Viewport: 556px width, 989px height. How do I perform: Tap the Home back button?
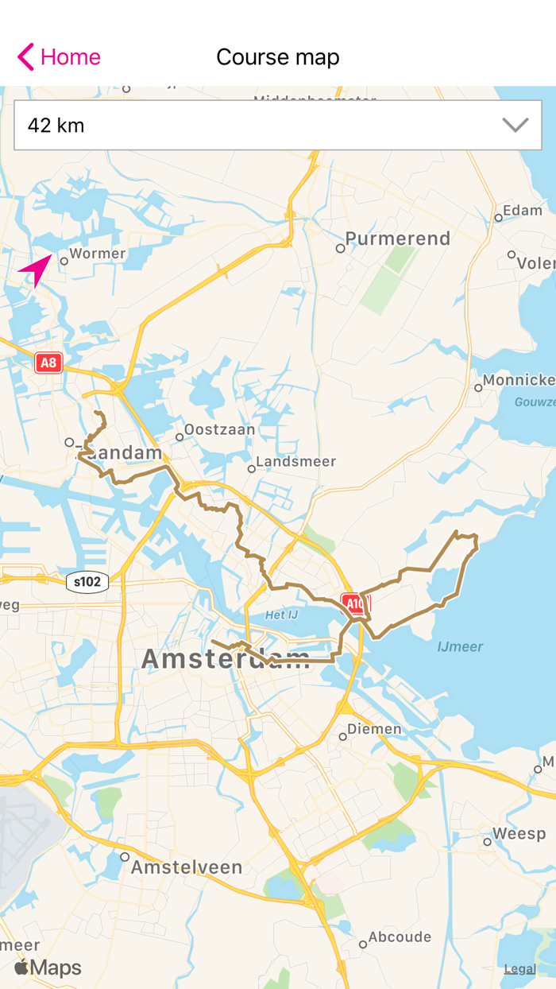click(x=59, y=57)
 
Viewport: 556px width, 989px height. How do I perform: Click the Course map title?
click(x=278, y=57)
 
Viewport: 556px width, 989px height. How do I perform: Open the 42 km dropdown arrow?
click(x=515, y=125)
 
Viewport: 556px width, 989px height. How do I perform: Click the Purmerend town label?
click(x=398, y=239)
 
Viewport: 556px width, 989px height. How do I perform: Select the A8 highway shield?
click(x=48, y=363)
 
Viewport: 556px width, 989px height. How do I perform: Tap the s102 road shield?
click(x=87, y=582)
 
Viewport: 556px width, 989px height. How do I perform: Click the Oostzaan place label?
click(x=220, y=430)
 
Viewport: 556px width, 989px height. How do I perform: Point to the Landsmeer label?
click(x=296, y=462)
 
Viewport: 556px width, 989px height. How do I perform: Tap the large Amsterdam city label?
click(x=226, y=659)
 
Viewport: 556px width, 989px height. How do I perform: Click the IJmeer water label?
click(x=460, y=647)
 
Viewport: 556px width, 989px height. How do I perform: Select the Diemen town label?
click(x=375, y=729)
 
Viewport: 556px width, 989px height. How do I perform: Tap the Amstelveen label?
click(x=187, y=867)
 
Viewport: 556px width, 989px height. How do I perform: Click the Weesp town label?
click(x=519, y=834)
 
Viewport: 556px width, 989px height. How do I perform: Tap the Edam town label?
click(x=523, y=211)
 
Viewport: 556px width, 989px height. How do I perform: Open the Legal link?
click(x=520, y=969)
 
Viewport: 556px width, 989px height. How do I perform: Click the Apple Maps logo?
click(x=48, y=968)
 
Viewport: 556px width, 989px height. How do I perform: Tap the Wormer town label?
click(x=98, y=254)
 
